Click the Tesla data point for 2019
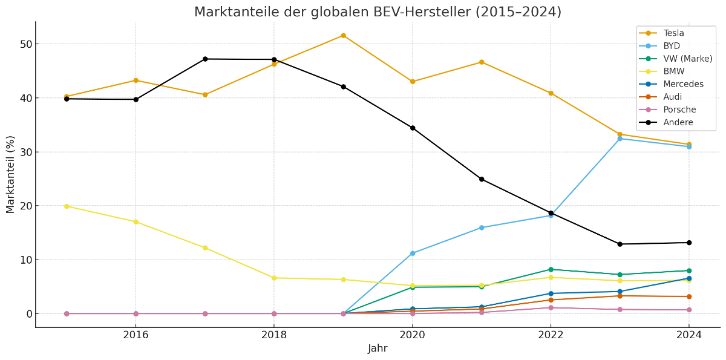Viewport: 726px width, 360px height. (x=343, y=36)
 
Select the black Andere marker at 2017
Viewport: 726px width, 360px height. (x=205, y=59)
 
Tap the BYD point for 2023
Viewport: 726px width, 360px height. (x=620, y=139)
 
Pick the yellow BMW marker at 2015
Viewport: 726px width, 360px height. (x=67, y=206)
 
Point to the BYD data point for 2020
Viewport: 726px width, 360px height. (x=413, y=253)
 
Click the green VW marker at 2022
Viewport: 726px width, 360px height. (x=551, y=269)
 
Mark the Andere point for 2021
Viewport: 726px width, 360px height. (x=482, y=179)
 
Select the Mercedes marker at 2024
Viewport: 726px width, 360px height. (x=688, y=278)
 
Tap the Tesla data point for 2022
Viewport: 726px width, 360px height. (x=551, y=93)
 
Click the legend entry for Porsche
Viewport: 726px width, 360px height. (x=679, y=110)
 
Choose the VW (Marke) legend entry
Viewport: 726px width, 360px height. (x=687, y=59)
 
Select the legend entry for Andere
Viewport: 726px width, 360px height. (x=678, y=122)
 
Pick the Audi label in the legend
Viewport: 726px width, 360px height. (x=672, y=97)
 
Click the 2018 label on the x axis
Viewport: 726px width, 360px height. (x=274, y=334)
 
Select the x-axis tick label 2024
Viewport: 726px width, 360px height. (x=688, y=334)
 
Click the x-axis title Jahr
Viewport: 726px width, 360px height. (x=378, y=349)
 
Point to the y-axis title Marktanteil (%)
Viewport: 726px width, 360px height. (x=10, y=174)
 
